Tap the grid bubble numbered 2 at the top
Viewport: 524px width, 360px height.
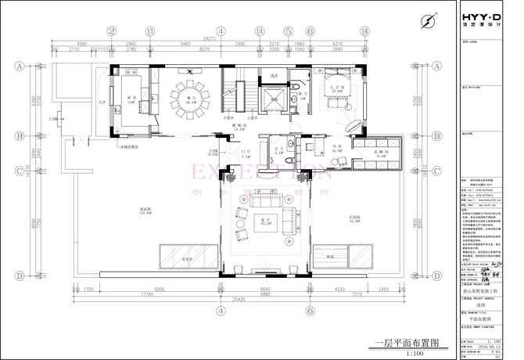point(111,31)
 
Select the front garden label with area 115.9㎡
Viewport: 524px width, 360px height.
point(145,210)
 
